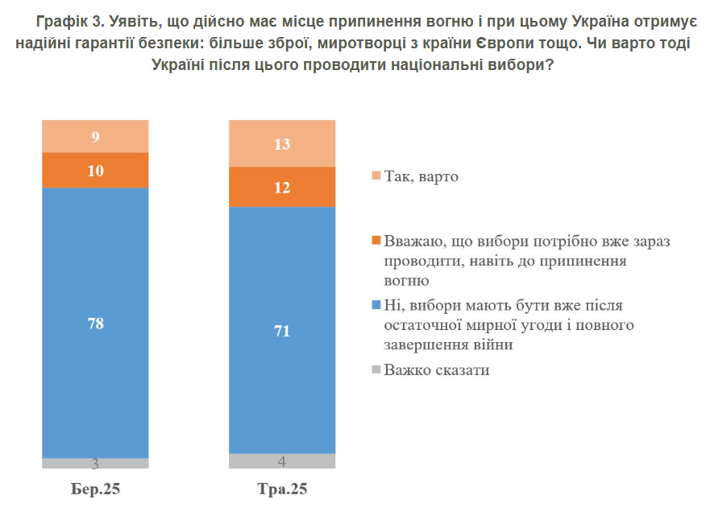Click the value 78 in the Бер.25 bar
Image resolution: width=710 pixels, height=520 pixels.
coord(95,324)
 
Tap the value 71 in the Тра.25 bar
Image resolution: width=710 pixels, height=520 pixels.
coord(282,331)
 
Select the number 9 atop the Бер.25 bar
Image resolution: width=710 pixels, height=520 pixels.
coord(95,137)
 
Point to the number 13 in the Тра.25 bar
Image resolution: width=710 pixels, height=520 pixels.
coord(282,144)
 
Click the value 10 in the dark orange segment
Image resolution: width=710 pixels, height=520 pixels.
coord(95,171)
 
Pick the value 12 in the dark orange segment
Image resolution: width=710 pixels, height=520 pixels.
coord(282,188)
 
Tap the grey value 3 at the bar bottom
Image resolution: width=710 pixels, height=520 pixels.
coord(95,464)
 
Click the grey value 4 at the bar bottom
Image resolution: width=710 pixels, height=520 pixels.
coord(282,461)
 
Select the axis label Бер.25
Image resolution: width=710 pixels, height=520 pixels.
coord(95,489)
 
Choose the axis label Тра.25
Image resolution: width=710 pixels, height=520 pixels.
coord(282,489)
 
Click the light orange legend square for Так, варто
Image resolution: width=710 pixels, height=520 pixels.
coord(376,175)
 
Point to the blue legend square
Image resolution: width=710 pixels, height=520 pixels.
coord(376,306)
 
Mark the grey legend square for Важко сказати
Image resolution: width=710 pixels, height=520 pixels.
coord(376,370)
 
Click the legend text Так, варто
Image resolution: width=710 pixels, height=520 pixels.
coord(421,175)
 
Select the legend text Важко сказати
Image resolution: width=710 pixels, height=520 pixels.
coord(437,370)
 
